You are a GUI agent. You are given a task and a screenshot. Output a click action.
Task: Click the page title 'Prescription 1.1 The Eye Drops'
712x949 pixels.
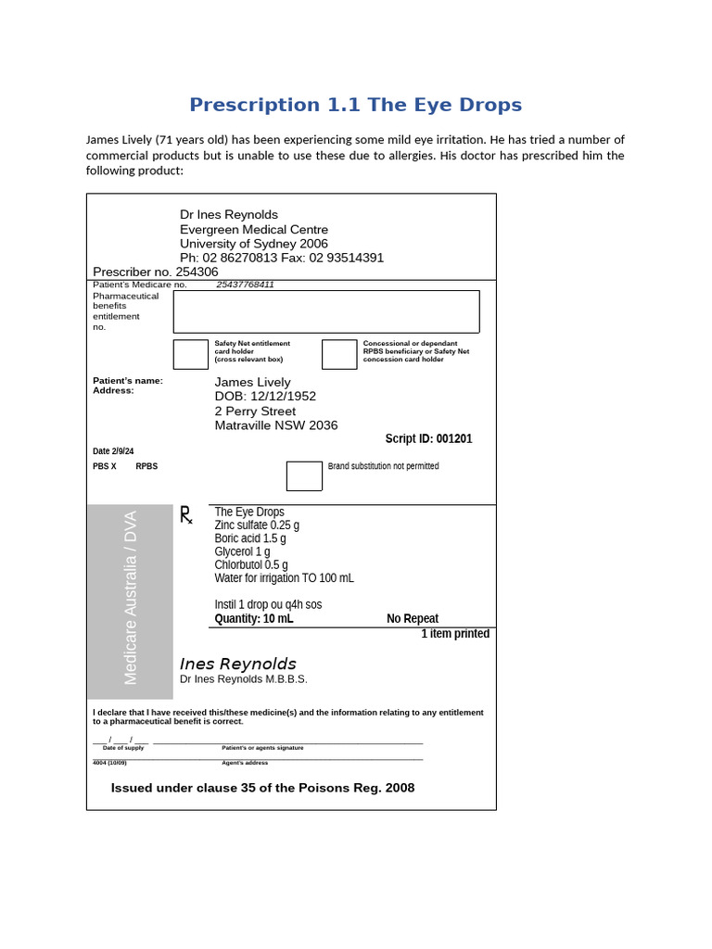356,105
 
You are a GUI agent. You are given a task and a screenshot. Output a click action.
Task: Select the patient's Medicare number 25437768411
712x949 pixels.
245,285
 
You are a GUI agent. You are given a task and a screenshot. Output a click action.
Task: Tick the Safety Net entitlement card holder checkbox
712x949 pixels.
191,354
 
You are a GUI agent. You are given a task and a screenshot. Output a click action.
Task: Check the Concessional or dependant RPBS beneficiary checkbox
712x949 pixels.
339,354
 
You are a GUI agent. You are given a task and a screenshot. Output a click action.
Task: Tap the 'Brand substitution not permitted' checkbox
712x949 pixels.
304,475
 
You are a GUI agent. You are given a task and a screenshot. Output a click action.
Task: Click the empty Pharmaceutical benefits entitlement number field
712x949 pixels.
326,311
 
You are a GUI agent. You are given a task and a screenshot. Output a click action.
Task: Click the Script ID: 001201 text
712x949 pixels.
428,438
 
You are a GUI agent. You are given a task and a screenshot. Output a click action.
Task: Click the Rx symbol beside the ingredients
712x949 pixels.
186,515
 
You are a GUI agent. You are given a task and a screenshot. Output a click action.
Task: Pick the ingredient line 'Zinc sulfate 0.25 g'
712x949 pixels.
257,525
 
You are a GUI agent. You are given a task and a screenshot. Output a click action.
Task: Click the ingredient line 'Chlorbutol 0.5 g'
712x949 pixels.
251,564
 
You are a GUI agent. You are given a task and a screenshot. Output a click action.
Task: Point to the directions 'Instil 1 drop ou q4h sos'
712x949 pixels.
268,604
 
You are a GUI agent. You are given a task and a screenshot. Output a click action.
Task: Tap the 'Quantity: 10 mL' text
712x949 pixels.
254,618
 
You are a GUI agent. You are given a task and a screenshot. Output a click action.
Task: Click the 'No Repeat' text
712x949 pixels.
413,618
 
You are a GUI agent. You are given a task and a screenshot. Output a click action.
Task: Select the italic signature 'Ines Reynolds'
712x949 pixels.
237,664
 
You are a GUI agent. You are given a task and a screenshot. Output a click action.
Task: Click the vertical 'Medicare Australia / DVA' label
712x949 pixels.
131,598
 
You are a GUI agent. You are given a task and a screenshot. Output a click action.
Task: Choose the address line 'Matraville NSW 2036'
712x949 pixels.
276,425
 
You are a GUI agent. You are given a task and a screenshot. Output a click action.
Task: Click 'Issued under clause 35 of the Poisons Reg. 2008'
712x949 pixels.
262,788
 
